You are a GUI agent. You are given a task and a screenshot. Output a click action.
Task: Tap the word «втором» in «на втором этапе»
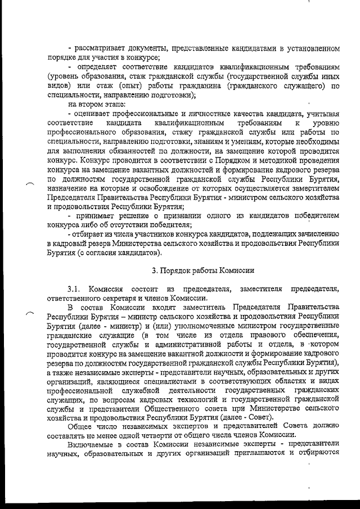click(93, 105)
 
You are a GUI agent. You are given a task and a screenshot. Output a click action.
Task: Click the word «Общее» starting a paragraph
click(80, 426)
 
